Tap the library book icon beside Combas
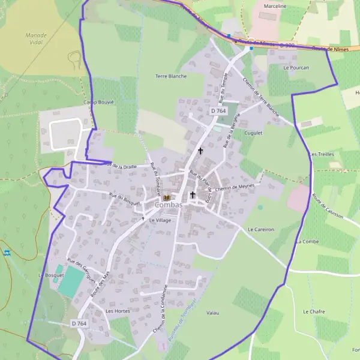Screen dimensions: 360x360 pos(167,197)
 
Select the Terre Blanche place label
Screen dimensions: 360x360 pos(171,76)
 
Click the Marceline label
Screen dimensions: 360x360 pos(275,6)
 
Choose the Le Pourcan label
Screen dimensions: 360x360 pos(296,68)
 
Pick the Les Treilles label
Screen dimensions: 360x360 pos(321,154)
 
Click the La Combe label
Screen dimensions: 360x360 pos(307,241)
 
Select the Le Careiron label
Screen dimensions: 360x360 pos(260,229)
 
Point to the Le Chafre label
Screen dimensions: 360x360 pos(314,311)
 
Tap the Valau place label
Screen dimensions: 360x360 pos(212,313)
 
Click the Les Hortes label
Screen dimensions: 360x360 pos(118,311)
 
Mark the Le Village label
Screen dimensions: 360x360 pos(160,220)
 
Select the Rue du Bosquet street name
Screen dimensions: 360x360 pos(124,199)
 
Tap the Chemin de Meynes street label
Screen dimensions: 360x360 pos(235,188)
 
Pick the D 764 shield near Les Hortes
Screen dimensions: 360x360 pos(79,323)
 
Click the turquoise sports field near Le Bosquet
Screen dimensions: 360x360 pos(71,279)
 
